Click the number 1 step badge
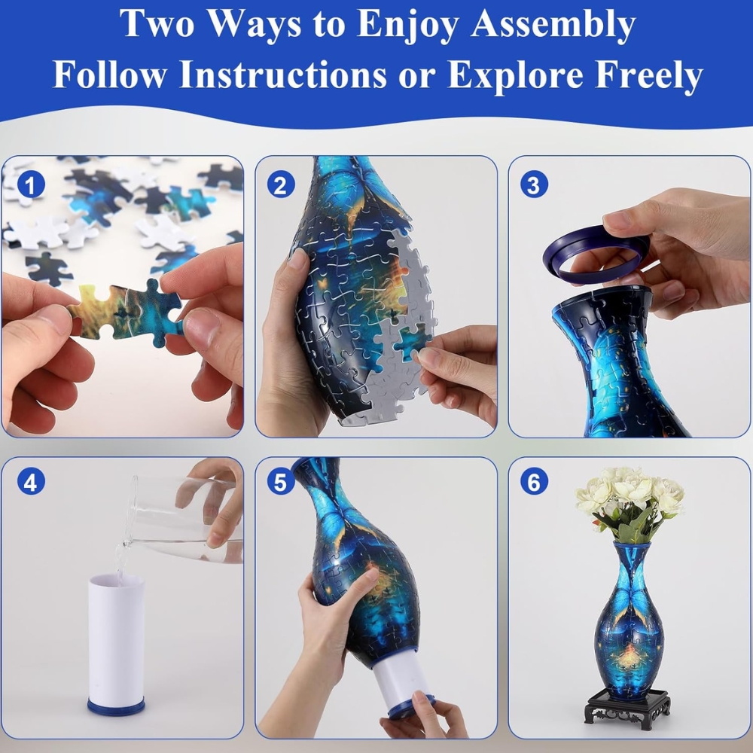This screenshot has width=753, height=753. tap(31, 185)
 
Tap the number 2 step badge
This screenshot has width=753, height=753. tap(280, 185)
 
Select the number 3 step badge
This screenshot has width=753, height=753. tap(534, 185)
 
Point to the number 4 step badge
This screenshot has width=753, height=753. tap(31, 482)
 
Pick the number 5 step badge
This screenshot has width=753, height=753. tap(280, 482)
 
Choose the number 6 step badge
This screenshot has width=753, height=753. tap(534, 482)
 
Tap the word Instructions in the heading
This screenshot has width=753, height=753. tap(283, 75)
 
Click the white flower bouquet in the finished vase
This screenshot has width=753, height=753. tap(629, 501)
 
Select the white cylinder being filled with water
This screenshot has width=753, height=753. tap(116, 644)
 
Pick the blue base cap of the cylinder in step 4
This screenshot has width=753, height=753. tap(116, 707)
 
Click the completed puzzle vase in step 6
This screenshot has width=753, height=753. tap(629, 620)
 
